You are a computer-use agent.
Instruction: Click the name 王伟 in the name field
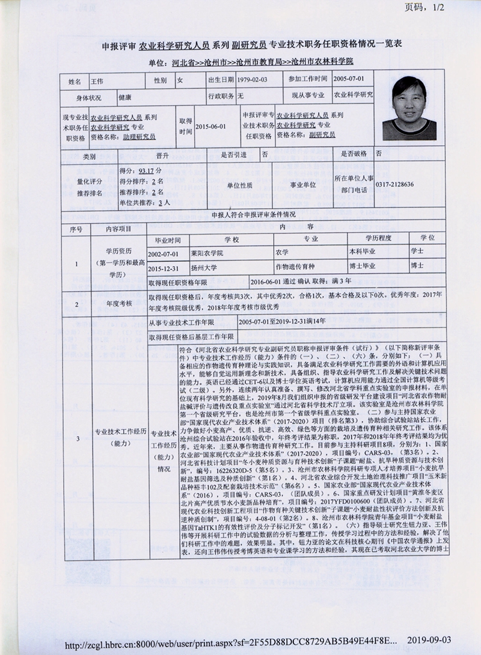[x=97, y=80]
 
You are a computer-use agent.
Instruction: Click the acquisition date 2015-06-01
[x=210, y=126]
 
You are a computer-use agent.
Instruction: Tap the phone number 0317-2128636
[x=394, y=184]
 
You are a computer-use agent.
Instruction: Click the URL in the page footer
[x=231, y=644]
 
